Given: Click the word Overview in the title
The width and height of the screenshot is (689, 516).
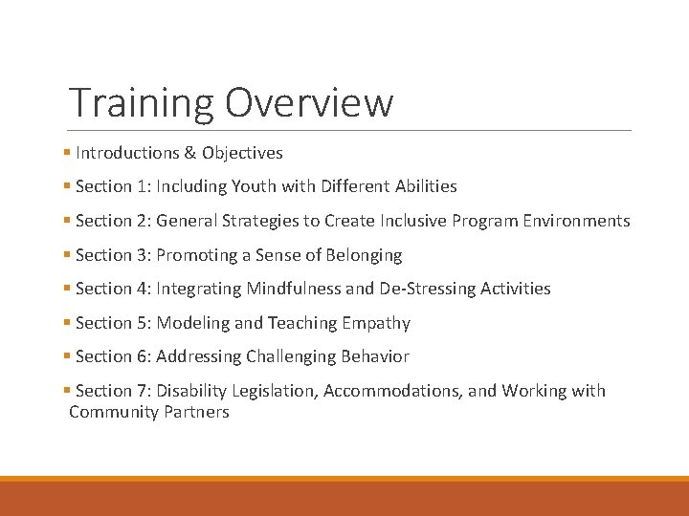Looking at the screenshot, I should click(308, 102).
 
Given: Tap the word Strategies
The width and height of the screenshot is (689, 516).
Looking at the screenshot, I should click(260, 221).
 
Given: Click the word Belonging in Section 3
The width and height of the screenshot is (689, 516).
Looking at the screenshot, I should click(364, 255).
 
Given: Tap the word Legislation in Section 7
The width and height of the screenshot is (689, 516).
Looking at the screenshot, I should click(274, 391).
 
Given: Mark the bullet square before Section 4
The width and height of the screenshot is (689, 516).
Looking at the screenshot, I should click(67, 289).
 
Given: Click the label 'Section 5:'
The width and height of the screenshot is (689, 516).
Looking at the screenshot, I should click(113, 323).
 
